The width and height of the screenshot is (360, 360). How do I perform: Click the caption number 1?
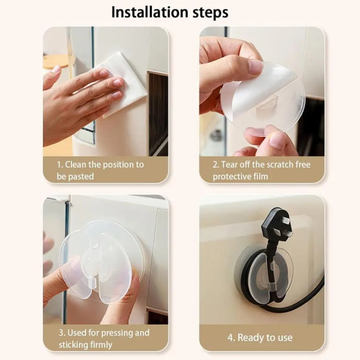click(x=60, y=165)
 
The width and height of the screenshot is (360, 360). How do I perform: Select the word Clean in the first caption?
click(x=76, y=165)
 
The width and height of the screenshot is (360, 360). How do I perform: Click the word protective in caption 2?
click(x=232, y=177)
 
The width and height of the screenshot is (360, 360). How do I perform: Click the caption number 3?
click(x=60, y=333)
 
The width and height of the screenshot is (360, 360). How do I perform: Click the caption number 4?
click(x=230, y=337)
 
